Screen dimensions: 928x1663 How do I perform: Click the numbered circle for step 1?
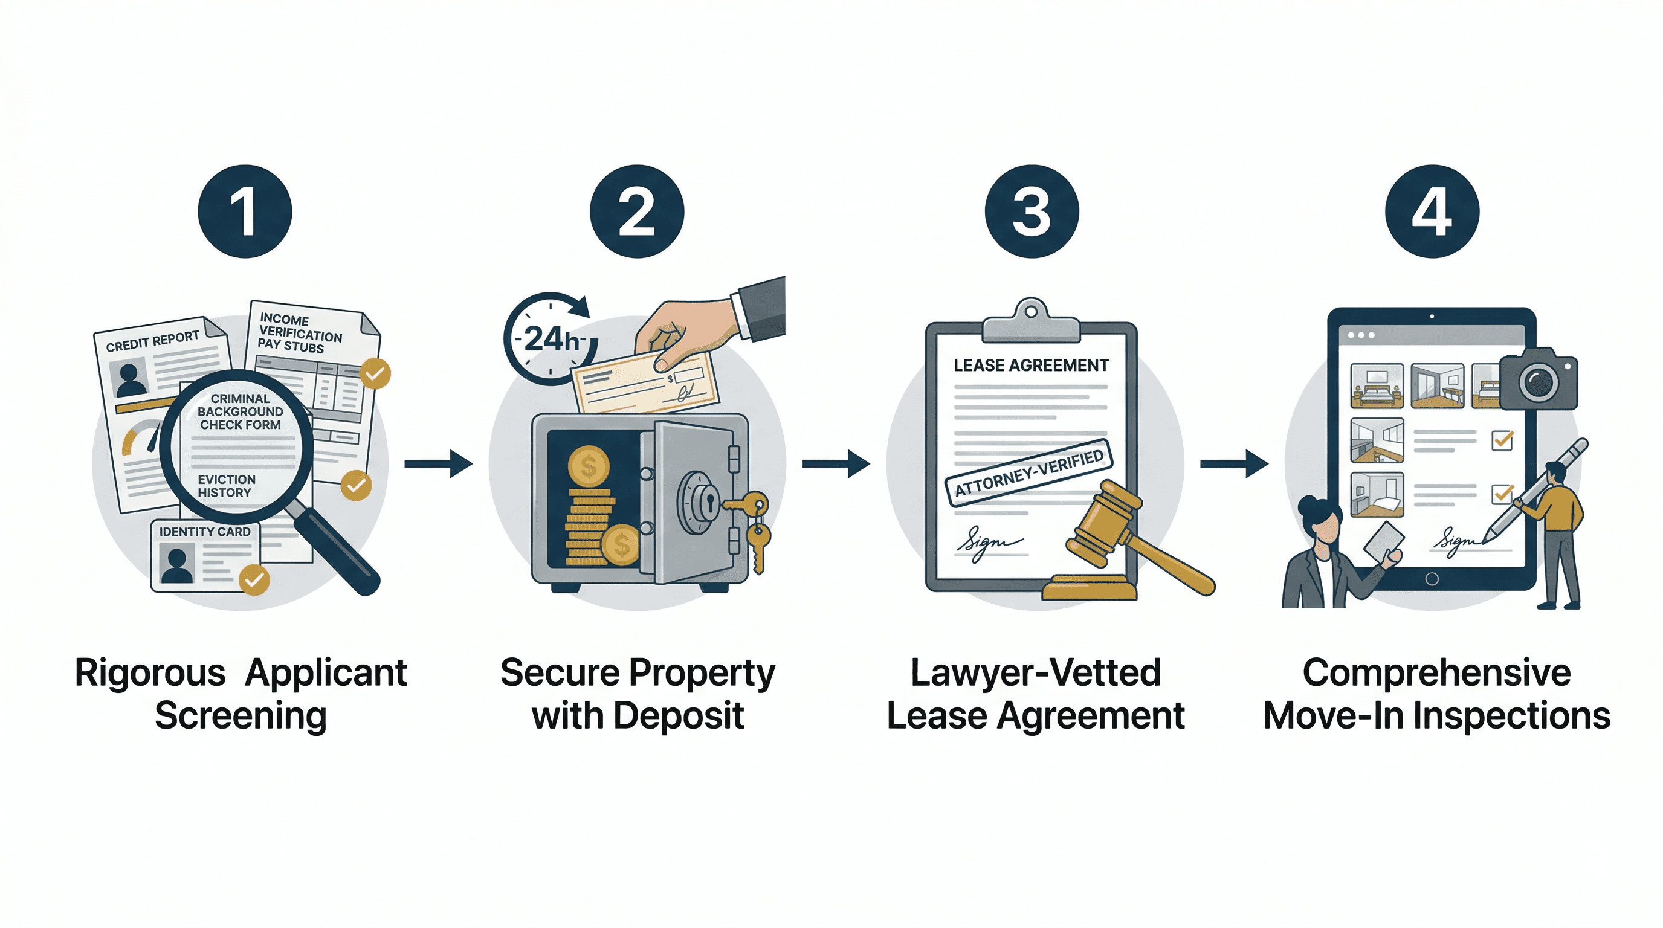[245, 211]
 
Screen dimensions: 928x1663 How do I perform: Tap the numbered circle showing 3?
[1031, 211]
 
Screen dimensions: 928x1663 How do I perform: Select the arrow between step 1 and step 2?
[438, 463]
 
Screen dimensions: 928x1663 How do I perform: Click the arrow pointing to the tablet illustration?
[1234, 463]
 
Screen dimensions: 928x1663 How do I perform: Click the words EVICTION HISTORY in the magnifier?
[226, 486]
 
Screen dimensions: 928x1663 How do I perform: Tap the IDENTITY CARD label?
[205, 532]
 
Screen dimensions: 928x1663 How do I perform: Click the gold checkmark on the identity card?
[254, 579]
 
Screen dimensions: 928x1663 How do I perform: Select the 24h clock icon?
[550, 339]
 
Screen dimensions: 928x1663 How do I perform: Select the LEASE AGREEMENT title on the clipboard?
[1031, 366]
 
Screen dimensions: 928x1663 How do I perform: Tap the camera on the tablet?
[1539, 380]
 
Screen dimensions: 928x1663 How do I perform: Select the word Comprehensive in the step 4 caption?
[1436, 672]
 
